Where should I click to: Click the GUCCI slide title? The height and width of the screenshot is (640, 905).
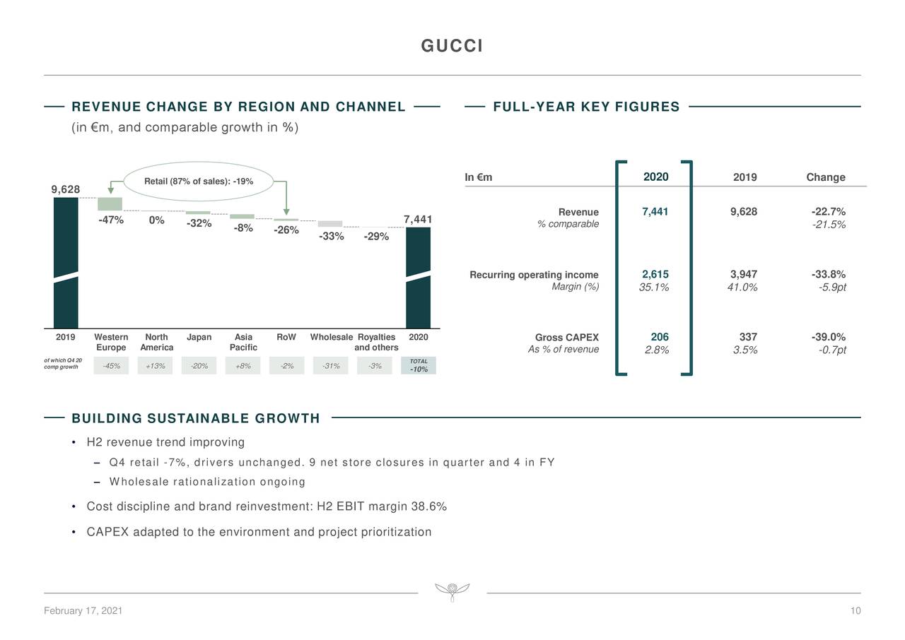click(x=452, y=47)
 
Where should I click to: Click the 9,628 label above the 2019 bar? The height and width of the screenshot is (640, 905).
click(x=66, y=189)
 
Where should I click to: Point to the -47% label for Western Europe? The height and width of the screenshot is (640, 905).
click(x=111, y=220)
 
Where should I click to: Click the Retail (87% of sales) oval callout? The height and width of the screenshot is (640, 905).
click(x=199, y=182)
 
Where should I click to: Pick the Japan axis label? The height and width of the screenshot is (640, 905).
click(x=199, y=338)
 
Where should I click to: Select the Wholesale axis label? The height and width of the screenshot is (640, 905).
click(x=331, y=338)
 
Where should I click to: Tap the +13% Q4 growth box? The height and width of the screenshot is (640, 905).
click(x=155, y=366)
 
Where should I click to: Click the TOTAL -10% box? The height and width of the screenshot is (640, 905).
click(x=419, y=365)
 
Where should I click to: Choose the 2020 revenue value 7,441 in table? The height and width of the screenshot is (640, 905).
click(x=655, y=212)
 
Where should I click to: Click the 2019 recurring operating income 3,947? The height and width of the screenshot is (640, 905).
click(x=744, y=275)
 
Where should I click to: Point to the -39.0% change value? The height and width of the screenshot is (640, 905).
click(x=829, y=338)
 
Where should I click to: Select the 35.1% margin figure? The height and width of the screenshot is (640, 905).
click(x=654, y=287)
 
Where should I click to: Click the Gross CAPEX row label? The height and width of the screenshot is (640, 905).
click(x=567, y=338)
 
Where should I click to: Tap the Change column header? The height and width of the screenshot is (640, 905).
click(x=825, y=177)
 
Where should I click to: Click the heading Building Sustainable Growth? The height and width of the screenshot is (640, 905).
click(x=196, y=418)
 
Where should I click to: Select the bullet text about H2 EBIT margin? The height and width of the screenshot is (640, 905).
click(x=267, y=507)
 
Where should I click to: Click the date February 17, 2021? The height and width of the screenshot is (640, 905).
click(x=83, y=611)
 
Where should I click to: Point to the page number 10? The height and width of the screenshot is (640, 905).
click(x=856, y=611)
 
